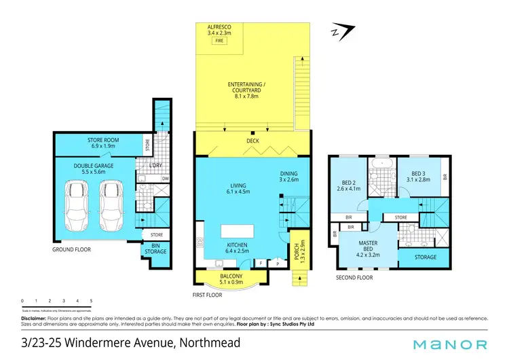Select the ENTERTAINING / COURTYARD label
246,88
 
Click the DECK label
252,142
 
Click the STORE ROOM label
103,143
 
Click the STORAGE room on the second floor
416,257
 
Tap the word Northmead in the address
210,344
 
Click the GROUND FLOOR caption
71,250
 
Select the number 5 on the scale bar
91,300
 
